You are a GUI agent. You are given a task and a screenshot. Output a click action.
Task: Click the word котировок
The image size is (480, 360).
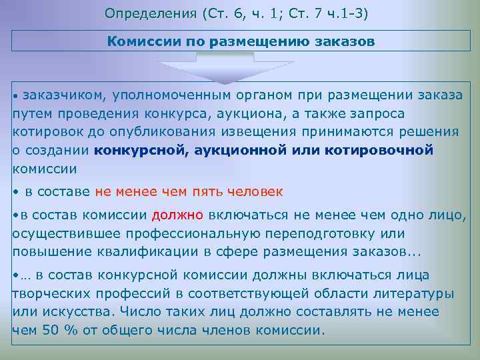[44, 132]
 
